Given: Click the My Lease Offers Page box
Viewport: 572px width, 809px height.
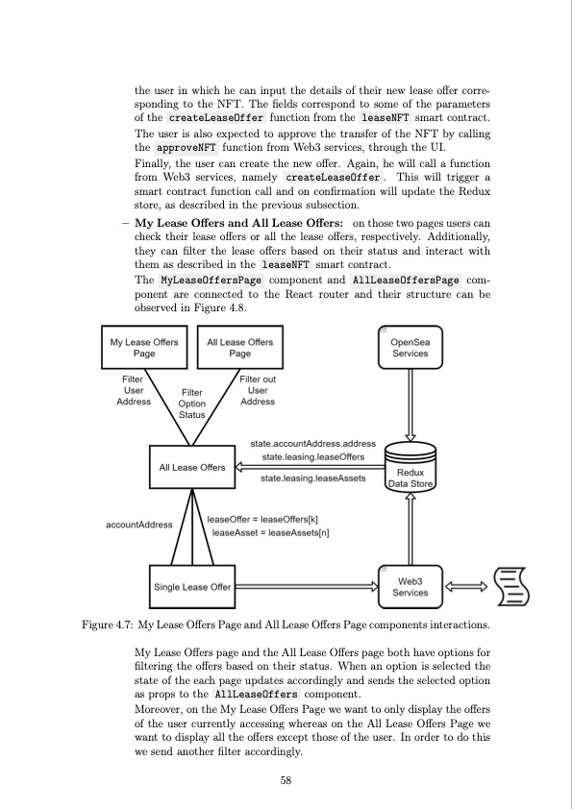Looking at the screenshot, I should pyautogui.click(x=144, y=348).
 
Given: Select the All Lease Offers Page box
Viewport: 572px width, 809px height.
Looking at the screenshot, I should pyautogui.click(x=239, y=348).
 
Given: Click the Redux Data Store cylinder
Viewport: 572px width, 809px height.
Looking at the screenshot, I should pyautogui.click(x=410, y=469).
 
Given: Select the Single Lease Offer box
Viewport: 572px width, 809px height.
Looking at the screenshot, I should pyautogui.click(x=192, y=587).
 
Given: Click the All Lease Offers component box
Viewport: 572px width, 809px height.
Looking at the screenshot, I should pyautogui.click(x=192, y=468).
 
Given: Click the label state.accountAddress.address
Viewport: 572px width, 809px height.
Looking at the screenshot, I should pyautogui.click(x=313, y=445).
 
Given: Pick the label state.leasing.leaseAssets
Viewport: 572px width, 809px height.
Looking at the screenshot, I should pyautogui.click(x=313, y=478).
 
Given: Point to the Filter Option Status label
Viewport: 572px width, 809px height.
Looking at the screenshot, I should pyautogui.click(x=192, y=404).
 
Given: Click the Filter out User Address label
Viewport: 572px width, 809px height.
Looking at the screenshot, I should pyautogui.click(x=258, y=391).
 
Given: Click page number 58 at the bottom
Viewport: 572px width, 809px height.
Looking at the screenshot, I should pyautogui.click(x=286, y=781).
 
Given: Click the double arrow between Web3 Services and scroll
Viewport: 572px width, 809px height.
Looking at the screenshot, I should pyautogui.click(x=466, y=587).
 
